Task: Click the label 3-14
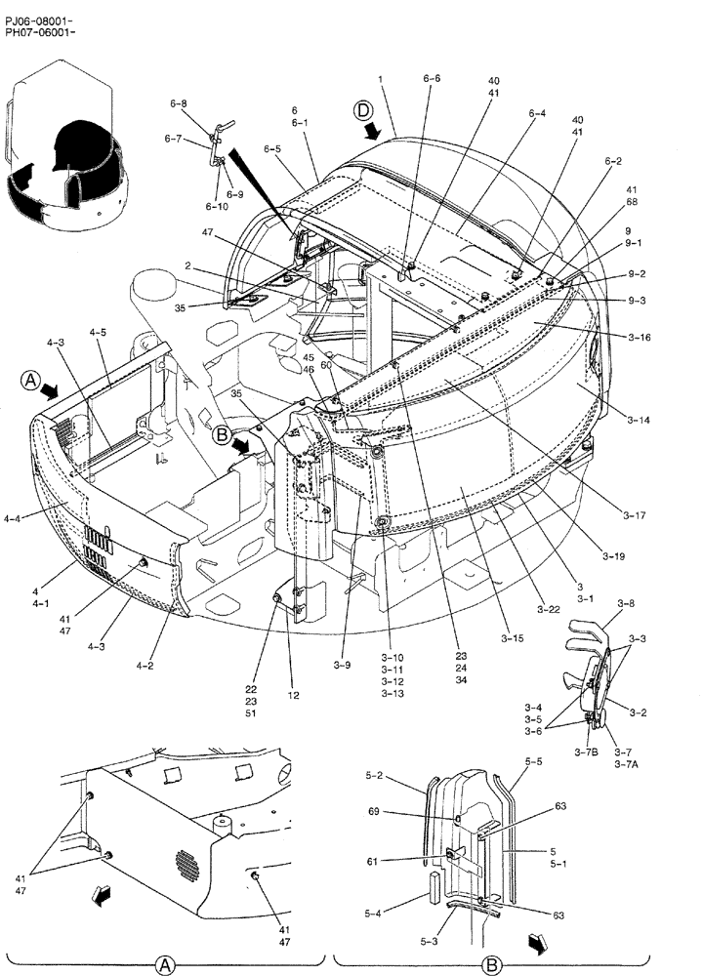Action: point(639,420)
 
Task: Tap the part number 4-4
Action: point(12,519)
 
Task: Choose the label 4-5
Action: point(98,332)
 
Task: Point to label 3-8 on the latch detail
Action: point(626,604)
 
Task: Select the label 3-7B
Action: point(589,752)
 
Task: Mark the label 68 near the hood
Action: point(632,203)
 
